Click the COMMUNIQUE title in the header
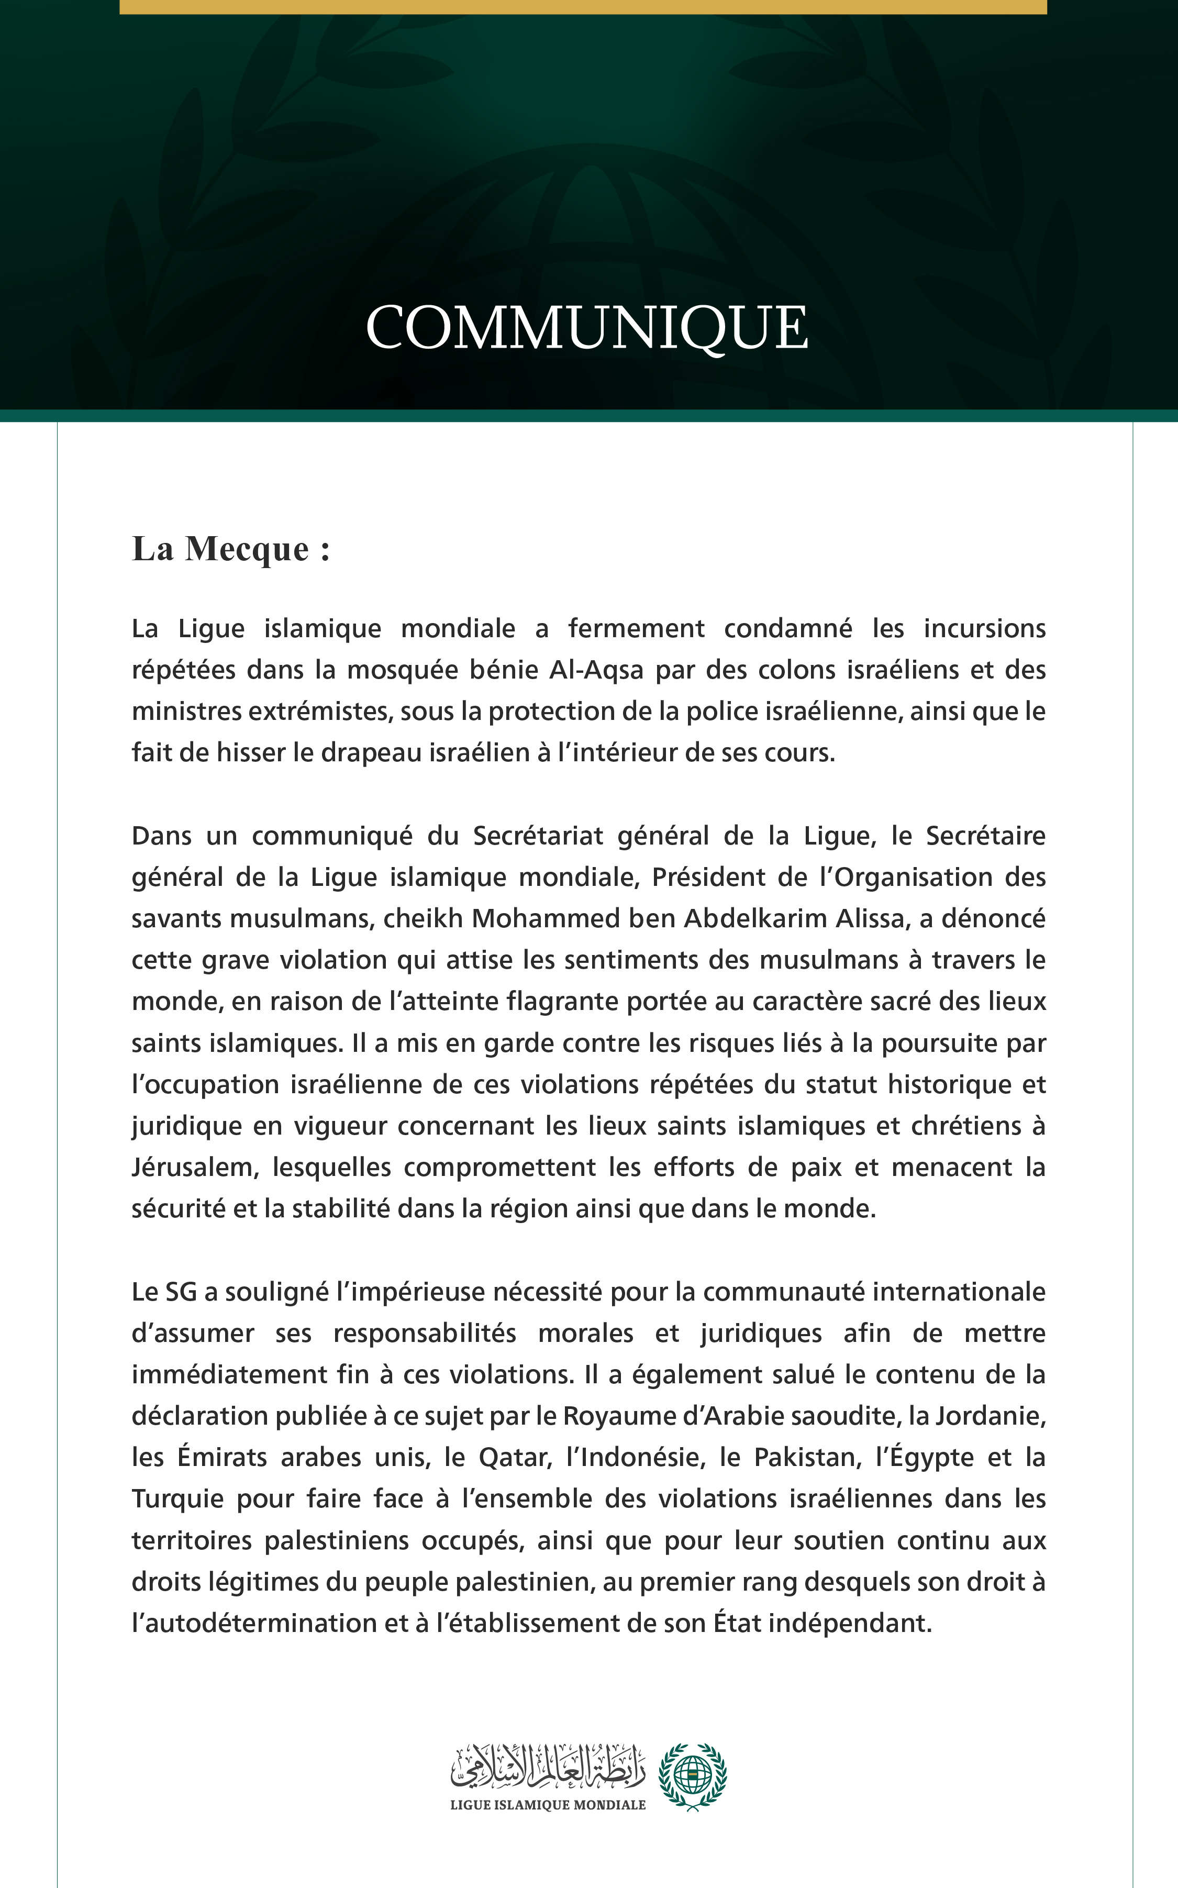[587, 328]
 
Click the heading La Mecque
[230, 549]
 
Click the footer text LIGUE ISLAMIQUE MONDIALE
[548, 1805]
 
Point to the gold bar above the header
[583, 6]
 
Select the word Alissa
[871, 919]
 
